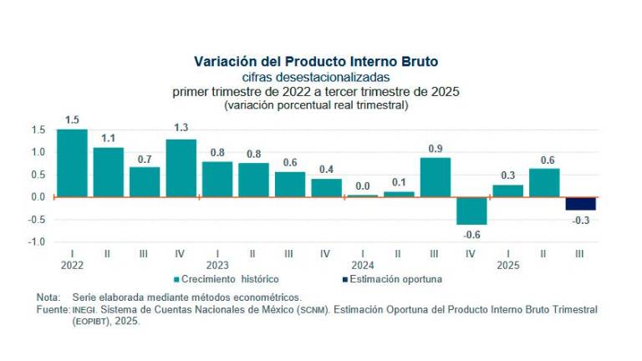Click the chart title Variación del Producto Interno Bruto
(x=316, y=62)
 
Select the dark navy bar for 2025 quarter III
(x=580, y=204)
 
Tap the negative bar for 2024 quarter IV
(x=471, y=211)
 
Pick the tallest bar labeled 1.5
(x=72, y=163)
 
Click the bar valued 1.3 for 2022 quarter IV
(x=181, y=168)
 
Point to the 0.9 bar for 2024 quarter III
(x=435, y=177)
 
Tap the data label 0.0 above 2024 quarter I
(x=362, y=186)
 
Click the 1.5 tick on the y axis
(x=38, y=130)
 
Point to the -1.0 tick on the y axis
(x=37, y=242)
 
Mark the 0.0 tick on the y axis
(x=38, y=197)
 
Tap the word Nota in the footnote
(x=48, y=297)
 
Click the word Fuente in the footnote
(x=52, y=309)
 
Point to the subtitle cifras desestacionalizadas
(x=316, y=77)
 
